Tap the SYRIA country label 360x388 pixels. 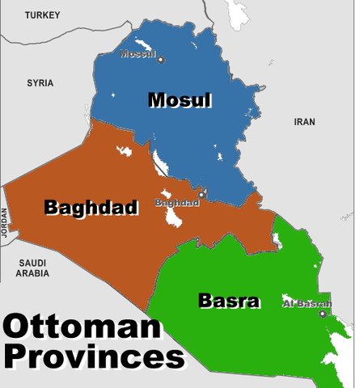[40, 82]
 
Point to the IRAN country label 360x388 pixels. [304, 121]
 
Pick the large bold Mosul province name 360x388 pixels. [179, 100]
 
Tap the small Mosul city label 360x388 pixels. [137, 54]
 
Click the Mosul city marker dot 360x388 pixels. [160, 59]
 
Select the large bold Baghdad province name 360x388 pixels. [90, 207]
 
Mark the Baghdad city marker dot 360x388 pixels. [201, 194]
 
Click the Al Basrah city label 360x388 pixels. [307, 304]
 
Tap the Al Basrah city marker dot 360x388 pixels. [324, 313]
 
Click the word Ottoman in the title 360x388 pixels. [81, 328]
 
